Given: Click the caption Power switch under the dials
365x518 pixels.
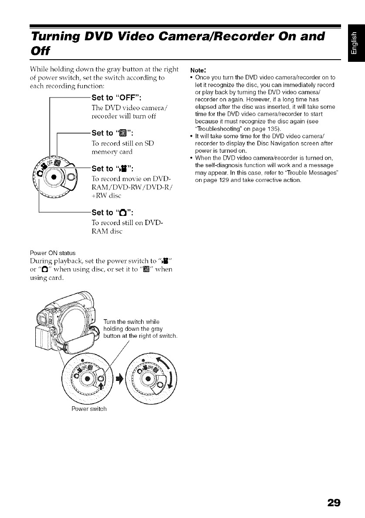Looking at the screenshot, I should pos(89,409).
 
